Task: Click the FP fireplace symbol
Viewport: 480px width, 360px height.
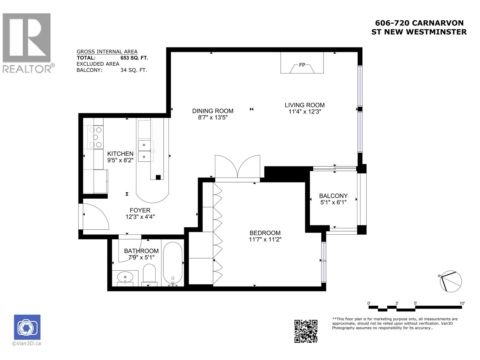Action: pos(302,65)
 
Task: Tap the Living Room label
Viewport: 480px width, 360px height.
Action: pos(304,105)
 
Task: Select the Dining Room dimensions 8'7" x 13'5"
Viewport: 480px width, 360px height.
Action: pos(213,118)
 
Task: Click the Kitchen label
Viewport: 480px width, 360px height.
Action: pos(120,154)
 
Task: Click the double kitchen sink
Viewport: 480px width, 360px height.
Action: pos(145,151)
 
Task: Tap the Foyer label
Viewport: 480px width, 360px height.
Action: pos(140,210)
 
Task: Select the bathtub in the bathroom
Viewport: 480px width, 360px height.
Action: pos(172,264)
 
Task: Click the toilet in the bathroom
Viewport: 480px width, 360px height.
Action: pos(149,275)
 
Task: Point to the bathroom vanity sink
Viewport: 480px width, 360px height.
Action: pos(125,277)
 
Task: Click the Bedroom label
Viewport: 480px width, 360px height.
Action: pos(265,233)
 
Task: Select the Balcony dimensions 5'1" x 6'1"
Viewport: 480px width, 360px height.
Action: pos(333,202)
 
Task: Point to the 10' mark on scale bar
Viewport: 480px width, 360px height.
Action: pos(462,303)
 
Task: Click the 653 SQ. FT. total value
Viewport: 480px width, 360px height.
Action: pos(134,58)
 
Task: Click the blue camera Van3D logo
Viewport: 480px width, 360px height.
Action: pos(27,327)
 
